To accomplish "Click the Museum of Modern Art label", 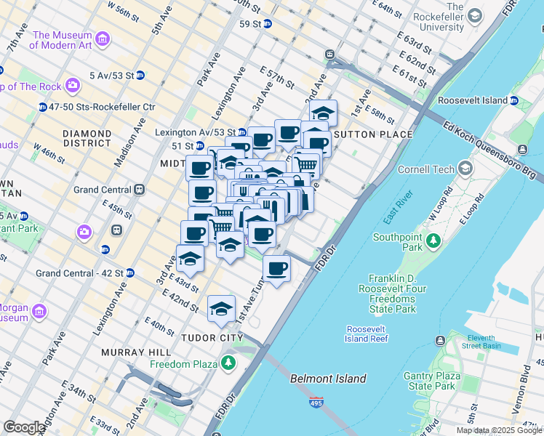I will point(62,40).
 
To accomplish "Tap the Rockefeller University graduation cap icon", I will point(474,15).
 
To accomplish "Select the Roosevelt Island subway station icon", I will point(513,100).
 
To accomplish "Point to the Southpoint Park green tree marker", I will point(433,239).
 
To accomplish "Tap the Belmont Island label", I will point(328,379).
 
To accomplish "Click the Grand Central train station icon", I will point(138,190).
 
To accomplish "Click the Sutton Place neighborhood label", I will point(372,134).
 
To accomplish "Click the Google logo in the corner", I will point(24,427).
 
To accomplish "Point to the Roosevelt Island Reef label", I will point(367,334).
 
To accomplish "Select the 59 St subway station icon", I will point(267,23).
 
